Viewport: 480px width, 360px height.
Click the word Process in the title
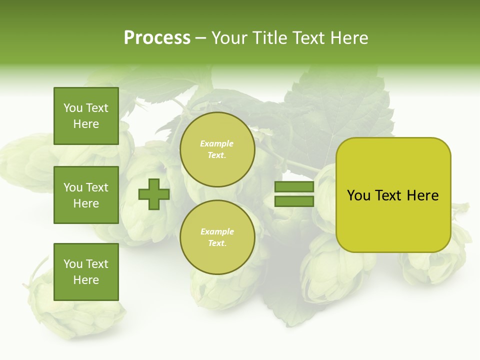(x=157, y=38)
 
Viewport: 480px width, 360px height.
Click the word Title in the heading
(x=268, y=38)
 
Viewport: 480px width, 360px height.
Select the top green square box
(x=86, y=116)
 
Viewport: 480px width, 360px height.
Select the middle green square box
(x=86, y=195)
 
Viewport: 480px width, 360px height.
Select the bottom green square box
(x=86, y=272)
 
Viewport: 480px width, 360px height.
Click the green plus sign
(x=154, y=194)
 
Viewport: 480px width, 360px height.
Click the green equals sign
(x=294, y=194)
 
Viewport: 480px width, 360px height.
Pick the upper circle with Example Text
(x=217, y=149)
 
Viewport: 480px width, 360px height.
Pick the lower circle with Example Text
(x=217, y=237)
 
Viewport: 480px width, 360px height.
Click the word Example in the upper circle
(x=217, y=144)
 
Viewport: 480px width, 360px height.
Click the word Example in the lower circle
(x=217, y=232)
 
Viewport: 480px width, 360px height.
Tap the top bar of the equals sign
(x=294, y=187)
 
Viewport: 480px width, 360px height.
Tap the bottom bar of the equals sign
(x=294, y=201)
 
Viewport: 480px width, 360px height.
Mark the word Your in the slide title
(x=230, y=38)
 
